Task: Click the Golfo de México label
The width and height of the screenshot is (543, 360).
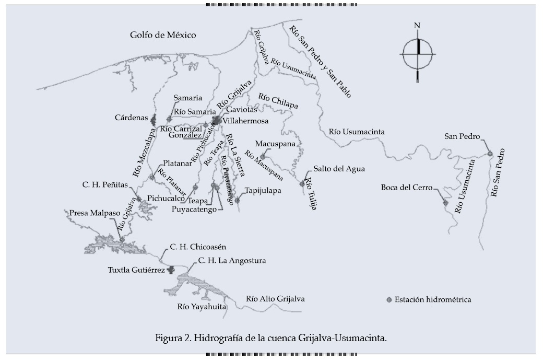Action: click(x=163, y=36)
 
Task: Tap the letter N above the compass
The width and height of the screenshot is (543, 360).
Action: click(x=417, y=26)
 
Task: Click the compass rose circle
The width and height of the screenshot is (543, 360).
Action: click(x=417, y=54)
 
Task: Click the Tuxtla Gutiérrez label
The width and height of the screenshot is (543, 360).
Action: click(x=136, y=270)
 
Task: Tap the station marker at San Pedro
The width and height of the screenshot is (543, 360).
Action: click(x=490, y=154)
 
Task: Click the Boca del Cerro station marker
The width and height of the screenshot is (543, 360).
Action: click(x=445, y=202)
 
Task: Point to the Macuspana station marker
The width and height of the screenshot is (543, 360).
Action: click(x=263, y=156)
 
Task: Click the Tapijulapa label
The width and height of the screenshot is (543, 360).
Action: click(x=263, y=191)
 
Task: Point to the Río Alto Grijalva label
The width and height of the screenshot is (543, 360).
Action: click(x=275, y=299)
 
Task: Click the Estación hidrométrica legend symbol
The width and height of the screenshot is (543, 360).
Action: click(x=388, y=300)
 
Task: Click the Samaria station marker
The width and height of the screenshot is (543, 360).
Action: click(x=169, y=119)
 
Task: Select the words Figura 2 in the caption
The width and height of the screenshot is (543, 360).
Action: click(x=173, y=338)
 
